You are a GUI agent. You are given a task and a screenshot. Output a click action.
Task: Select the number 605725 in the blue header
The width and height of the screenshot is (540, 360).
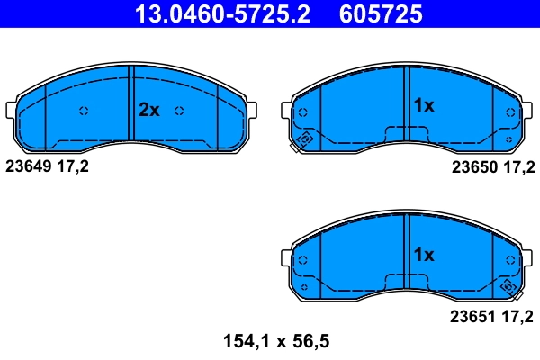click(x=380, y=13)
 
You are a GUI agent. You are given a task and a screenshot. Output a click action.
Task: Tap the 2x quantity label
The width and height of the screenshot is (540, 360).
click(x=148, y=111)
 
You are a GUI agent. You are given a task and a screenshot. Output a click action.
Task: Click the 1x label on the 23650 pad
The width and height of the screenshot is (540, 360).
click(x=423, y=106)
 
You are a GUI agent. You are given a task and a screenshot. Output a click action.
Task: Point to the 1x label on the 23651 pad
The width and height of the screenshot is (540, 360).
click(x=423, y=255)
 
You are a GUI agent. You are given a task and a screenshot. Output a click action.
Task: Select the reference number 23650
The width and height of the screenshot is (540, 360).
click(x=473, y=166)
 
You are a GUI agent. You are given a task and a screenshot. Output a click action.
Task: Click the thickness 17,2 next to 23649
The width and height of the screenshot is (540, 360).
click(x=74, y=166)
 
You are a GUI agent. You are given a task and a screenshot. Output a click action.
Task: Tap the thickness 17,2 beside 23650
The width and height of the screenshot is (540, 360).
click(x=518, y=166)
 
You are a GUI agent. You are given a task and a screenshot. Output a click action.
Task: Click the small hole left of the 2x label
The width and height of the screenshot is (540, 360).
click(x=84, y=112)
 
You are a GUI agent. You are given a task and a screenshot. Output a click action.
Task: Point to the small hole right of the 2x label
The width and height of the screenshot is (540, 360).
click(x=180, y=112)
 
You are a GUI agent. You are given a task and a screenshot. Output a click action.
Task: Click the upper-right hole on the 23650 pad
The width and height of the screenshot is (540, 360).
click(x=511, y=112)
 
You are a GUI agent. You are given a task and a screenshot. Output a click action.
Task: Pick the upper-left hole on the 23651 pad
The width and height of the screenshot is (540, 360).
click(x=302, y=261)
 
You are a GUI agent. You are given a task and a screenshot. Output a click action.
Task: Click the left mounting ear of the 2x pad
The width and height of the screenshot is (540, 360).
click(x=12, y=110)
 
